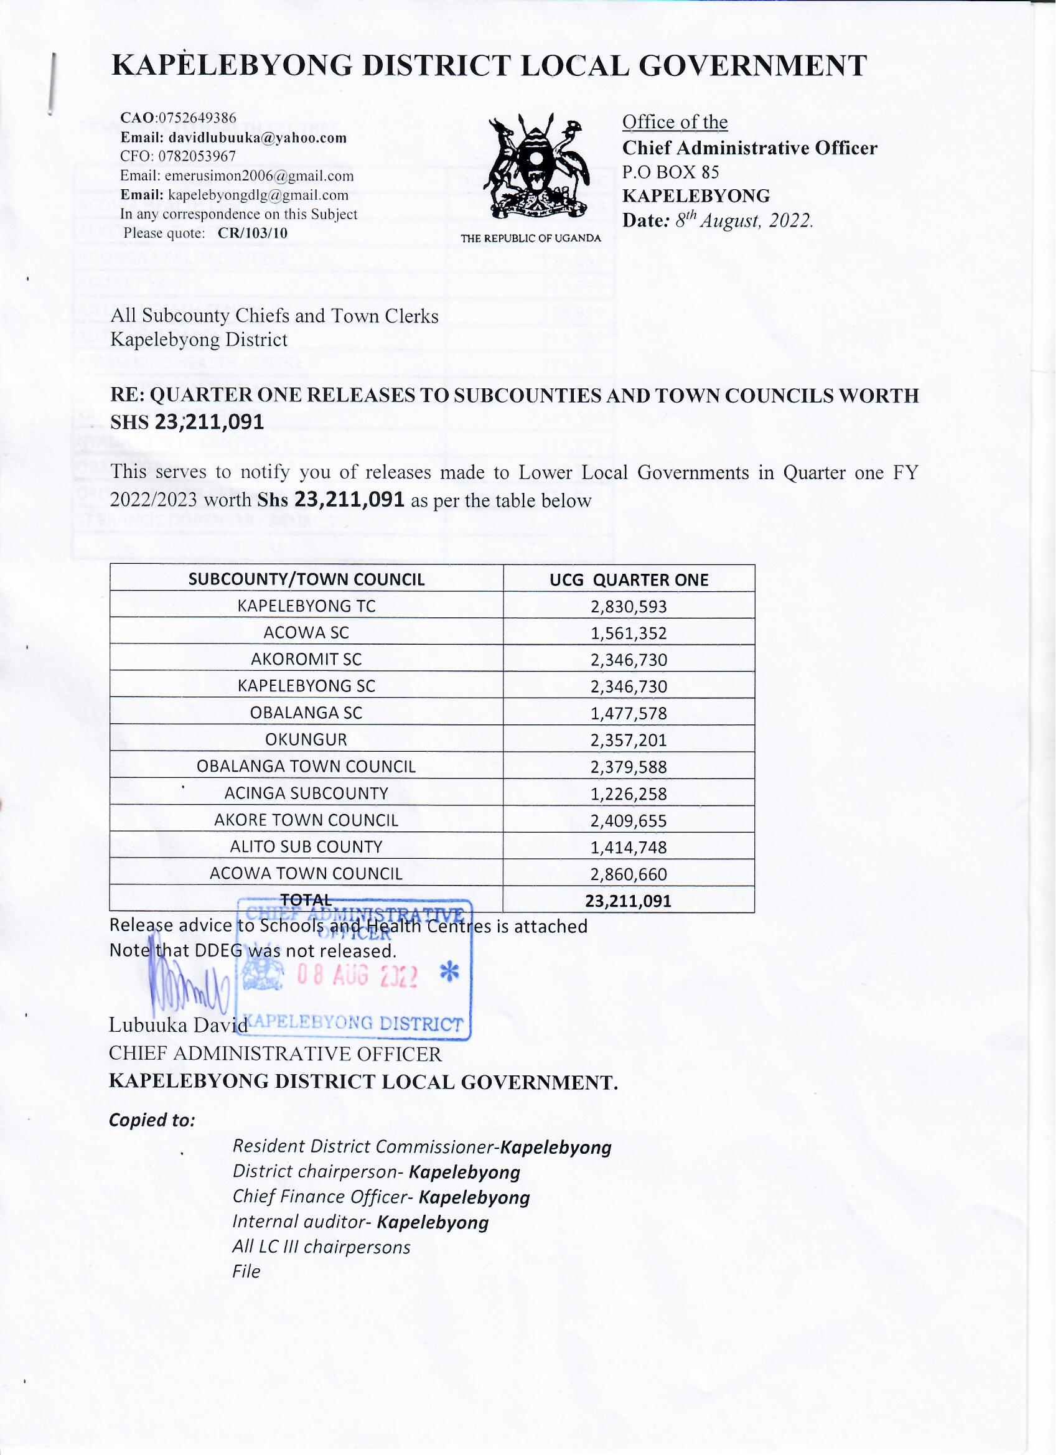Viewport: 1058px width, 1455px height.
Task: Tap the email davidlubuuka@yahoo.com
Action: coord(257,138)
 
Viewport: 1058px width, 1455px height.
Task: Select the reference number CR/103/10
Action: coord(253,233)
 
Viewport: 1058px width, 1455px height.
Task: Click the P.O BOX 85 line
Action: coord(671,172)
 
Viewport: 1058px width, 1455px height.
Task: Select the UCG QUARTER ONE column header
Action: coord(630,581)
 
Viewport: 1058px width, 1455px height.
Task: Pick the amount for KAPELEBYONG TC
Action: coord(630,607)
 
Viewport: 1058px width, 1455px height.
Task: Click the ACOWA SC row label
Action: coord(307,634)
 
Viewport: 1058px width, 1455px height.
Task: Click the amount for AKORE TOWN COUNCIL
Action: coord(630,822)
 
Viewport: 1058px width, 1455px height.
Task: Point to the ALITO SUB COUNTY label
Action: coord(307,848)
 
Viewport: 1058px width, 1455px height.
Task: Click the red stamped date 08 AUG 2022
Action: coord(357,976)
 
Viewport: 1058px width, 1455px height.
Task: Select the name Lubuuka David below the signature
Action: coord(179,1026)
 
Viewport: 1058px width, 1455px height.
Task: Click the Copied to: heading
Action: coord(152,1121)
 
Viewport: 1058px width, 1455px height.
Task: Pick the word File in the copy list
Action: coord(247,1272)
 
